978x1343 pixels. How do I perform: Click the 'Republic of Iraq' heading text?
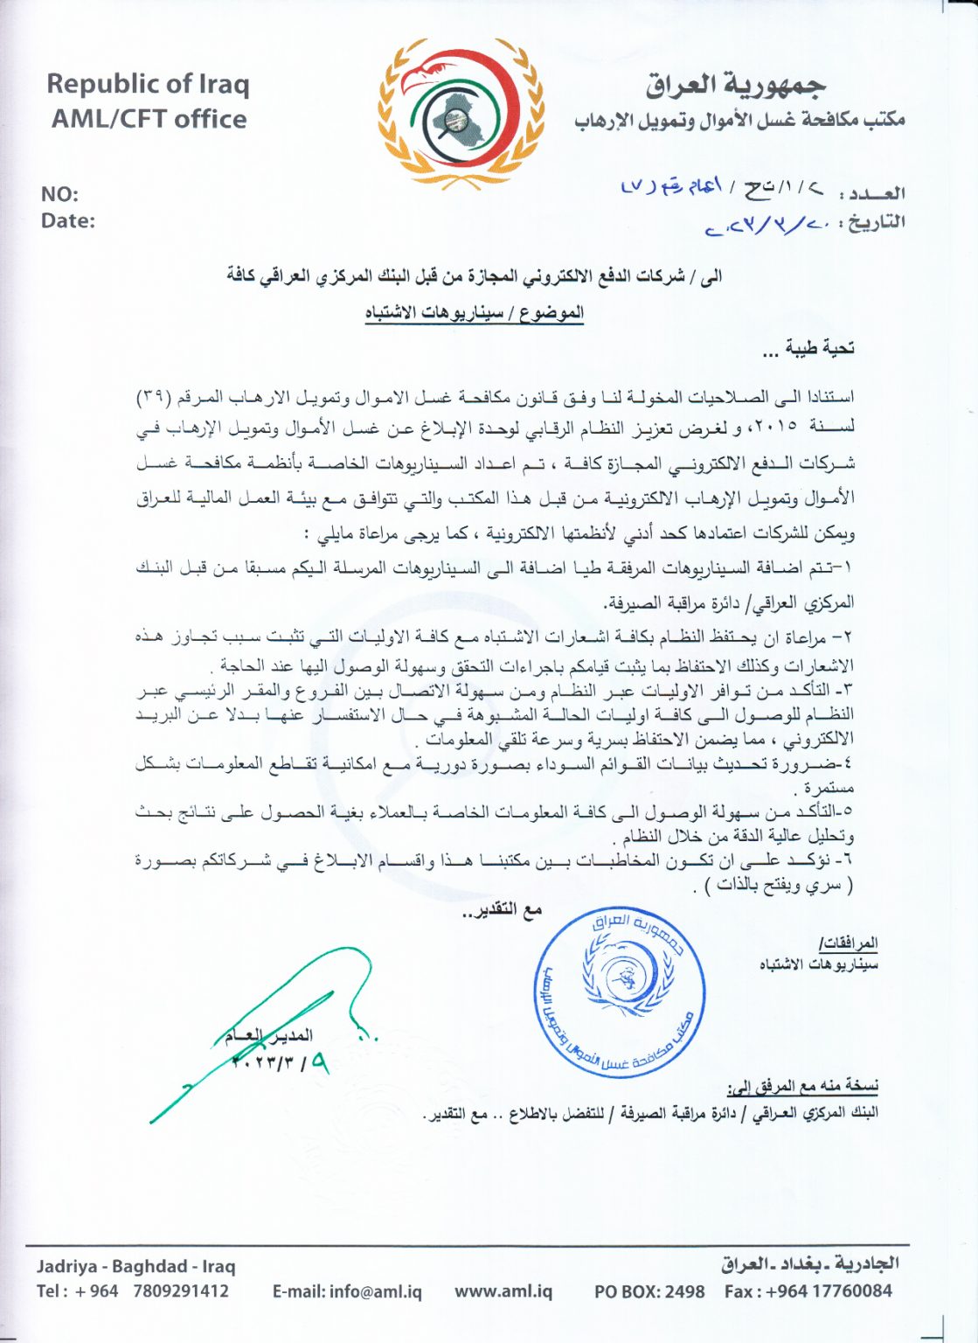tap(148, 84)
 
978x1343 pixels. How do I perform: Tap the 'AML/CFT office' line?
tap(149, 119)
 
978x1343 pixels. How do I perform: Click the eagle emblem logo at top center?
tap(461, 112)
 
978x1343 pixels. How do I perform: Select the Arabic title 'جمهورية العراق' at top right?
tap(736, 85)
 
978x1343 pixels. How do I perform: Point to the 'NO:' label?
tap(59, 194)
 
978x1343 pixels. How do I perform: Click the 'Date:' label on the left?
tap(67, 220)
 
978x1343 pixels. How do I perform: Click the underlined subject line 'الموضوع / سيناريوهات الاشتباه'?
tap(475, 313)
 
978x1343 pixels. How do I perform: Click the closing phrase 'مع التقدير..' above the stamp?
tap(502, 910)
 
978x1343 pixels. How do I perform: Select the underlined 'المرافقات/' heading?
tap(848, 943)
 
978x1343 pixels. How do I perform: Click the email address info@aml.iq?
tap(347, 1291)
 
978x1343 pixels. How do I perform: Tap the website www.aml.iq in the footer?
tap(503, 1291)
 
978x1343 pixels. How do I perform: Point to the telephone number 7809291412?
tap(181, 1291)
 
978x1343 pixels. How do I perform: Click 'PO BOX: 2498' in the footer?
tap(649, 1291)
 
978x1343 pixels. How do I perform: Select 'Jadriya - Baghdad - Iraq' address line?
tap(136, 1265)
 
